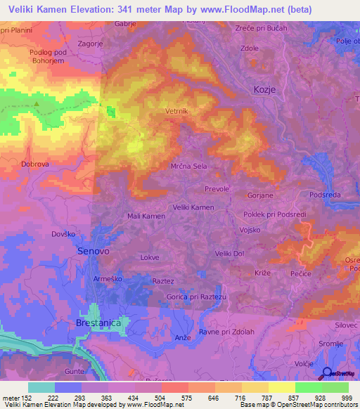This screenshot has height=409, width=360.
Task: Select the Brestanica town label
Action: tap(98, 322)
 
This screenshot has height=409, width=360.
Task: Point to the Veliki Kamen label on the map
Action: tap(193, 207)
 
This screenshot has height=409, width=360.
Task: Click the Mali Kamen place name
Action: tap(146, 216)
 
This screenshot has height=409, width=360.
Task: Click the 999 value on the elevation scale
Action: tap(347, 398)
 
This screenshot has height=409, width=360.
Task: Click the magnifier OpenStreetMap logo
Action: tap(328, 374)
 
